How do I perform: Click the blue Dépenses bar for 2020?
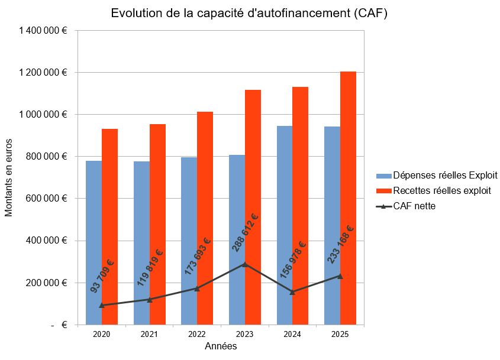(93, 243)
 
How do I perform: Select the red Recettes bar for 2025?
(348, 198)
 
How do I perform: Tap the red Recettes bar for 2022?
(205, 218)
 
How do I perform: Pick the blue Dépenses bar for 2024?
(285, 225)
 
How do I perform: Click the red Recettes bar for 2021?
(157, 225)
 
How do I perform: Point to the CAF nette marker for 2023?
(245, 264)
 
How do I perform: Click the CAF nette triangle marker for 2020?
(102, 305)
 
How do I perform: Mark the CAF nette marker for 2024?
(292, 292)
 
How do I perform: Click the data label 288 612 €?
(244, 232)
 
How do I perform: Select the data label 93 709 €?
(102, 276)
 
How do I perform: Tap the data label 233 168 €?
(341, 244)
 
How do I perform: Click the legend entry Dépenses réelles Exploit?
(437, 175)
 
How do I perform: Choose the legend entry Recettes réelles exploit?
(434, 190)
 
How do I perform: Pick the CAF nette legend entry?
(406, 206)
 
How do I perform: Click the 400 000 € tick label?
(47, 241)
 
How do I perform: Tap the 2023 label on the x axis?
(244, 334)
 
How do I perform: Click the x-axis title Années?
(221, 346)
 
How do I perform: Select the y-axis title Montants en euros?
(8, 178)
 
